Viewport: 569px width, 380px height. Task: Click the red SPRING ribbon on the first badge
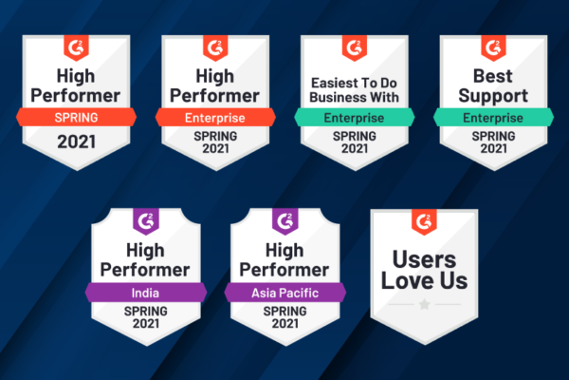(76, 117)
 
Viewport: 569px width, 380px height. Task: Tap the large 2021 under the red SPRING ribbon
(76, 142)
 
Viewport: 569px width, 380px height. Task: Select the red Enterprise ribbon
(215, 117)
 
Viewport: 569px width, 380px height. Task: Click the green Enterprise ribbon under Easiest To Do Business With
(354, 117)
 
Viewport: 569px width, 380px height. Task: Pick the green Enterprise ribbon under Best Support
(493, 117)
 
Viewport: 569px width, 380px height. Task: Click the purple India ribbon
(145, 293)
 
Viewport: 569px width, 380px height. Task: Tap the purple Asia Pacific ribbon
(284, 293)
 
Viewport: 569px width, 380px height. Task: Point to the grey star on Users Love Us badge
(424, 304)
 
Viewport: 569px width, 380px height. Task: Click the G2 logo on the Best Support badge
(493, 47)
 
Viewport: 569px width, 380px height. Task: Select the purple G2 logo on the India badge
(146, 221)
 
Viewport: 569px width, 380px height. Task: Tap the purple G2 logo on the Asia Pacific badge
(285, 221)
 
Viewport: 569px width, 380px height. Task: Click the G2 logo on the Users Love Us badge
(424, 221)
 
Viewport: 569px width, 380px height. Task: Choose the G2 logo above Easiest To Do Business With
(355, 47)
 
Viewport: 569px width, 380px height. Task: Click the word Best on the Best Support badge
(493, 76)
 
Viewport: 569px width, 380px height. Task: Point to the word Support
(493, 96)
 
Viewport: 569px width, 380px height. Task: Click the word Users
(424, 259)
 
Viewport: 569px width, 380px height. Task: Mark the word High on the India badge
(145, 251)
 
